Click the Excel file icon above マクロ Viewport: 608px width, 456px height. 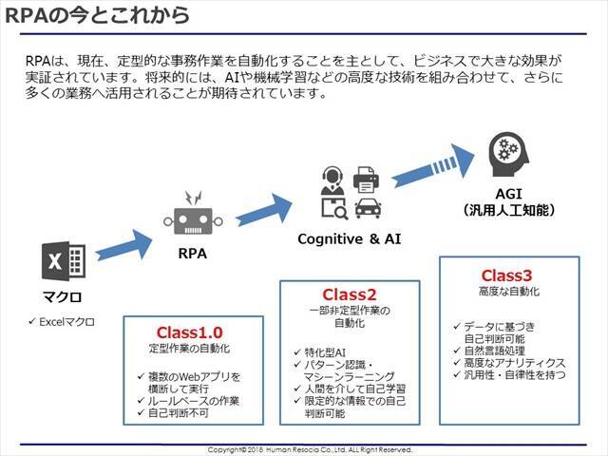tap(64, 261)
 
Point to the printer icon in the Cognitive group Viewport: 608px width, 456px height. tap(366, 179)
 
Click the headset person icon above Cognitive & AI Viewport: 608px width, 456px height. tap(333, 179)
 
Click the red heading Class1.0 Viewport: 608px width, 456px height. tap(189, 332)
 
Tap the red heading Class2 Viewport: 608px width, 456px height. tap(350, 294)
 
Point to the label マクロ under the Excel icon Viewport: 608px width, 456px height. tap(63, 295)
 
